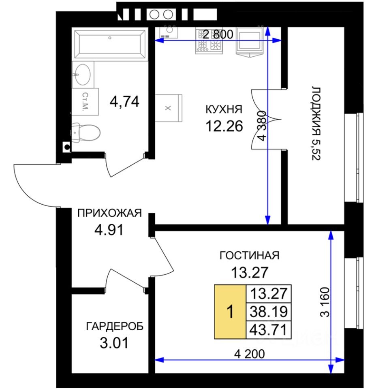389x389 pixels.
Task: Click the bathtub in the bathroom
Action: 110,44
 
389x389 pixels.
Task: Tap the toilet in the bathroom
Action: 85,132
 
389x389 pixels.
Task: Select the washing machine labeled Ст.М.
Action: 85,101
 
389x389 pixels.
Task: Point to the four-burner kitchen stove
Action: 209,41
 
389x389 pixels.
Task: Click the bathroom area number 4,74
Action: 124,101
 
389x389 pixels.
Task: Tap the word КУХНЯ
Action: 224,109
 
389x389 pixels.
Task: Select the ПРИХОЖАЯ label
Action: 109,213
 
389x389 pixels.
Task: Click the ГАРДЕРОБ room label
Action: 115,327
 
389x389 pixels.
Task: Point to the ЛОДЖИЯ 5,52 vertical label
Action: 316,124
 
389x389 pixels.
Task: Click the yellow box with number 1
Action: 230,312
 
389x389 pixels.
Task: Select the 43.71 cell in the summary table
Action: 268,330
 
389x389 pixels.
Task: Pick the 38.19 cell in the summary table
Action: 268,312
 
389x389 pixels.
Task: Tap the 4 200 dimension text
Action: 249,354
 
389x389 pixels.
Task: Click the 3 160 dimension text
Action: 325,302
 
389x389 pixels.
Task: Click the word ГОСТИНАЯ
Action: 250,255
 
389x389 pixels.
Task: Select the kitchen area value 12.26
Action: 224,126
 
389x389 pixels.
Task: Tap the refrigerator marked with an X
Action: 169,108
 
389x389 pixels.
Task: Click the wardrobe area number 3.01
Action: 114,343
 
